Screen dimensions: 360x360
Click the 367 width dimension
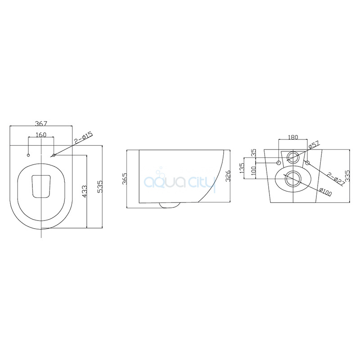pyautogui.click(x=41, y=123)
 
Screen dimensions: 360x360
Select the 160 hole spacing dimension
pyautogui.click(x=41, y=135)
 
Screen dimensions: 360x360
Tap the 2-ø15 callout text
pyautogui.click(x=83, y=138)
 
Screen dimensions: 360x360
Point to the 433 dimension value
pyautogui.click(x=84, y=191)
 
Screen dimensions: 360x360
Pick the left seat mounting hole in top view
pyautogui.click(x=28, y=155)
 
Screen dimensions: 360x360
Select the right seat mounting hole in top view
pyautogui.click(x=54, y=155)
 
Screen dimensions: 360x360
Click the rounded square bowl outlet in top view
pyautogui.click(x=41, y=186)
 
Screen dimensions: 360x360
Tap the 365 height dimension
pyautogui.click(x=125, y=179)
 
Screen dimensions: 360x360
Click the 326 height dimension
pyautogui.click(x=228, y=176)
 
